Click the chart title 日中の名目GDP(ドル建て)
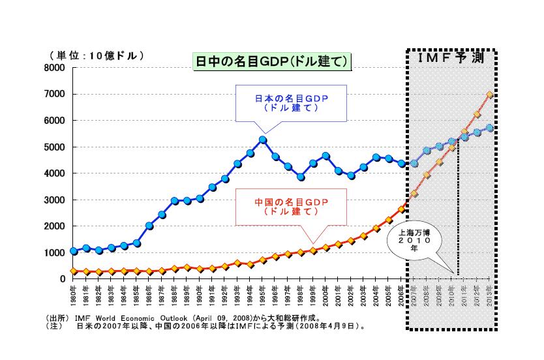[273, 61]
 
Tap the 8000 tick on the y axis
[55, 68]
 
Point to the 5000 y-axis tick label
[55, 147]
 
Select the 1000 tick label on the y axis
[55, 252]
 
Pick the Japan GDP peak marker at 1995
[263, 140]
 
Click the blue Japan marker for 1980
[74, 250]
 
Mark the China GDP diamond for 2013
[490, 95]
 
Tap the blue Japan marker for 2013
[490, 128]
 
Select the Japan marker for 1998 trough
[301, 177]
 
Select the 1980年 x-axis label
[74, 295]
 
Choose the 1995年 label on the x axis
[263, 295]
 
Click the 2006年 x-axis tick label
[402, 295]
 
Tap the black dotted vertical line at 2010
[459, 209]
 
